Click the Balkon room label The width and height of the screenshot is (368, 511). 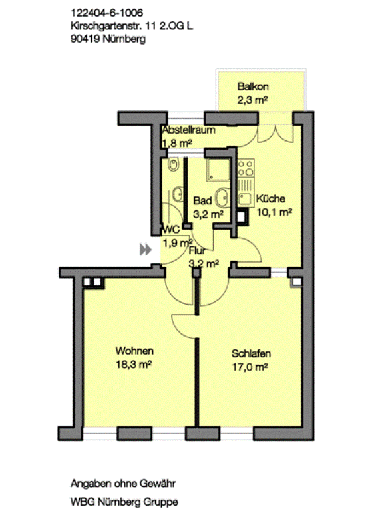[253, 86]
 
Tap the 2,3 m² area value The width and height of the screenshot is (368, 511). [252, 100]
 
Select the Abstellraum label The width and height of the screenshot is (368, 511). [188, 130]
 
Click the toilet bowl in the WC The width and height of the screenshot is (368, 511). [174, 165]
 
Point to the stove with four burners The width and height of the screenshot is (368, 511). [246, 168]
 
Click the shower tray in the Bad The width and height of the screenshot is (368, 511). [218, 170]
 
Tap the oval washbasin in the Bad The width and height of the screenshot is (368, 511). [223, 197]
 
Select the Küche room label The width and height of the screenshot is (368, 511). [271, 198]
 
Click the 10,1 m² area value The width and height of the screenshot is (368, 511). [274, 212]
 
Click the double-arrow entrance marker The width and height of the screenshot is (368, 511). [146, 250]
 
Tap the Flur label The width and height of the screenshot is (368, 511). [197, 250]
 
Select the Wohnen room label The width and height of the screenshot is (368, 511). [134, 351]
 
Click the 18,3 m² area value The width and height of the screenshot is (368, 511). [134, 365]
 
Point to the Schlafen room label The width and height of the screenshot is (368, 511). [251, 353]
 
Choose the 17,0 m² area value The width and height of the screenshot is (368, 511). [250, 367]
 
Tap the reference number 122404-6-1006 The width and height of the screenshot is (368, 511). [106, 13]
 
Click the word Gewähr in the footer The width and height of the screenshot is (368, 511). [158, 483]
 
